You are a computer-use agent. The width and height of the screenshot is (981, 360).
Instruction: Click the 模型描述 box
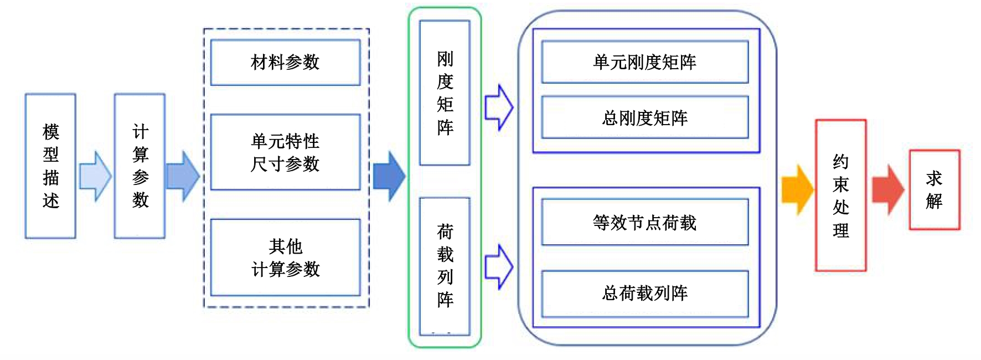coord(50,166)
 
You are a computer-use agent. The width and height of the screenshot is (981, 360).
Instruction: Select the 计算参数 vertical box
coord(140,166)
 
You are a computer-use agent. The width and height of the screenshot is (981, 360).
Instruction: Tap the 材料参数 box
coord(285,62)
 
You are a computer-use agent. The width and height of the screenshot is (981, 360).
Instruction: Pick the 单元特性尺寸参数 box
coord(285,152)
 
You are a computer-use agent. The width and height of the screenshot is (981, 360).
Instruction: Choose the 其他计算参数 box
coord(285,258)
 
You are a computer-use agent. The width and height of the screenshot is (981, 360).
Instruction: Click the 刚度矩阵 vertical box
coord(445,93)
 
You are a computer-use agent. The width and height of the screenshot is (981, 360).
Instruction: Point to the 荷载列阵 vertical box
coord(445,266)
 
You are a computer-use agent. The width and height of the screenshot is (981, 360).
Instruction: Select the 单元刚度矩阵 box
coord(644,62)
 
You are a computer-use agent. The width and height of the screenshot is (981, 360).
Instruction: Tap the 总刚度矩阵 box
coord(644,117)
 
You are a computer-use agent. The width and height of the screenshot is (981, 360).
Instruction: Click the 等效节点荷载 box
coord(644,222)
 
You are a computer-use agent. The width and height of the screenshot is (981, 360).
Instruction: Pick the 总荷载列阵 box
coord(644,294)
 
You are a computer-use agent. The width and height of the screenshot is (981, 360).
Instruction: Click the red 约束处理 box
coord(840,195)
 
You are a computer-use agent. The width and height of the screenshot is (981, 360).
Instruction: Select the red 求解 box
coord(934,189)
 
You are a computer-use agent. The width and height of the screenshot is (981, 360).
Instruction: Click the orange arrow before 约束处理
coord(797,189)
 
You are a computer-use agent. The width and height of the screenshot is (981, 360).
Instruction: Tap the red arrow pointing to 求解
coord(888,189)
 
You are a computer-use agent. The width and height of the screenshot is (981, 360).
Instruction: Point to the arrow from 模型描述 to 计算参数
coord(95,176)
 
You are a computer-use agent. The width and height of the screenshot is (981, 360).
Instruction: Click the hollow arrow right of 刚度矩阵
coord(499,107)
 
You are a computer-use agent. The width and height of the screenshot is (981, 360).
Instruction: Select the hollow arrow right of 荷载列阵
coord(499,266)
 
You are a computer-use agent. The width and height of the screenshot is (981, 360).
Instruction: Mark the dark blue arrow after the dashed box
coord(389,176)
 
